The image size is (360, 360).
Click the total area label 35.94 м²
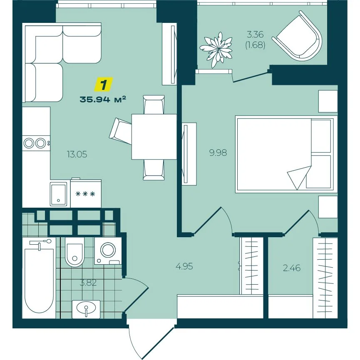(x=103, y=99)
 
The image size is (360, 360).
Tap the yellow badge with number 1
(x=104, y=83)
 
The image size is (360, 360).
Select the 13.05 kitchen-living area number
(x=77, y=154)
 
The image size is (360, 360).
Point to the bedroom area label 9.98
(x=218, y=152)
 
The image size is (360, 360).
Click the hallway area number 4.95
(x=184, y=266)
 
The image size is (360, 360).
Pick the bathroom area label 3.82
(x=88, y=283)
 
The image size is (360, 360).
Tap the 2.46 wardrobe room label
(x=292, y=268)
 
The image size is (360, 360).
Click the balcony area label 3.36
(x=255, y=35)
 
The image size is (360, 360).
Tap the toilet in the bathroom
(x=74, y=252)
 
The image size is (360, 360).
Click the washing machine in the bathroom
(x=108, y=251)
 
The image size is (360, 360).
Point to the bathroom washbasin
(x=86, y=309)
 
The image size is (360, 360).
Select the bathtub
(x=39, y=278)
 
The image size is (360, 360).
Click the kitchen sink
(x=59, y=194)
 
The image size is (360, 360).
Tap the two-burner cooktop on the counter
(x=36, y=143)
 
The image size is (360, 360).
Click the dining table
(x=154, y=137)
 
